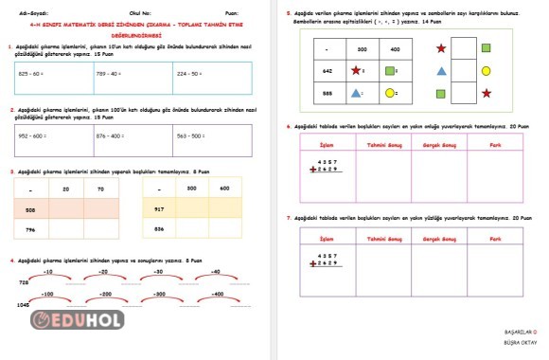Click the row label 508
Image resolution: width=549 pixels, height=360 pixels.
click(x=30, y=208)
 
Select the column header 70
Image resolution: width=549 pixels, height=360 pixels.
click(x=100, y=189)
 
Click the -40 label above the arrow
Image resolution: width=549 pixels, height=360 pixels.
click(x=215, y=272)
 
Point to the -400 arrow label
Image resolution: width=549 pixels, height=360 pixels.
click(x=218, y=295)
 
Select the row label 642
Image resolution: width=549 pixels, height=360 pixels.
click(x=327, y=70)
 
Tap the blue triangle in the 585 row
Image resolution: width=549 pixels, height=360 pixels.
click(x=355, y=93)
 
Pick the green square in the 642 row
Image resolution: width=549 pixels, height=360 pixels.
click(x=390, y=70)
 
